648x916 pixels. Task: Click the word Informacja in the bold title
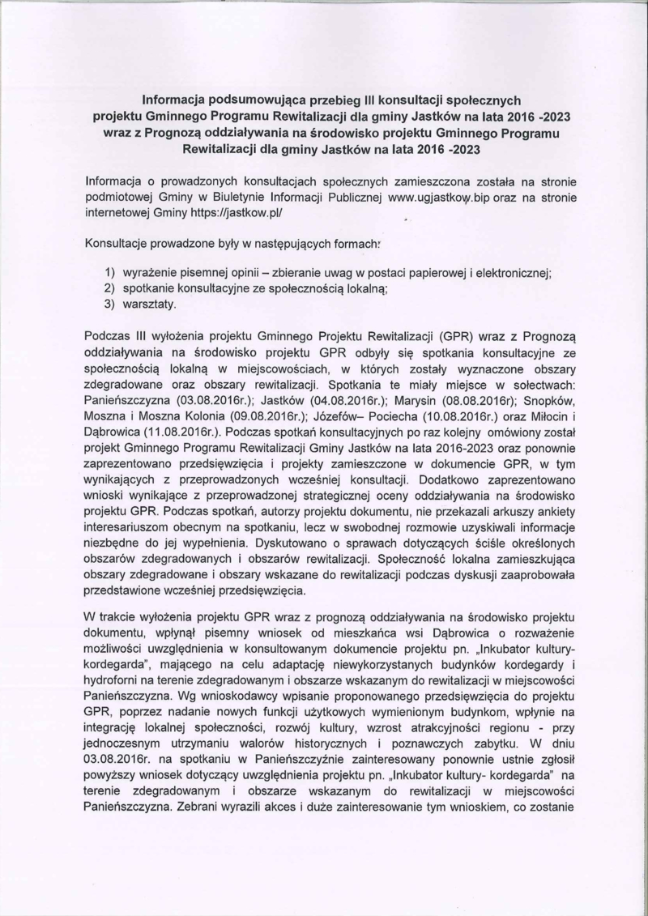click(177, 100)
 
